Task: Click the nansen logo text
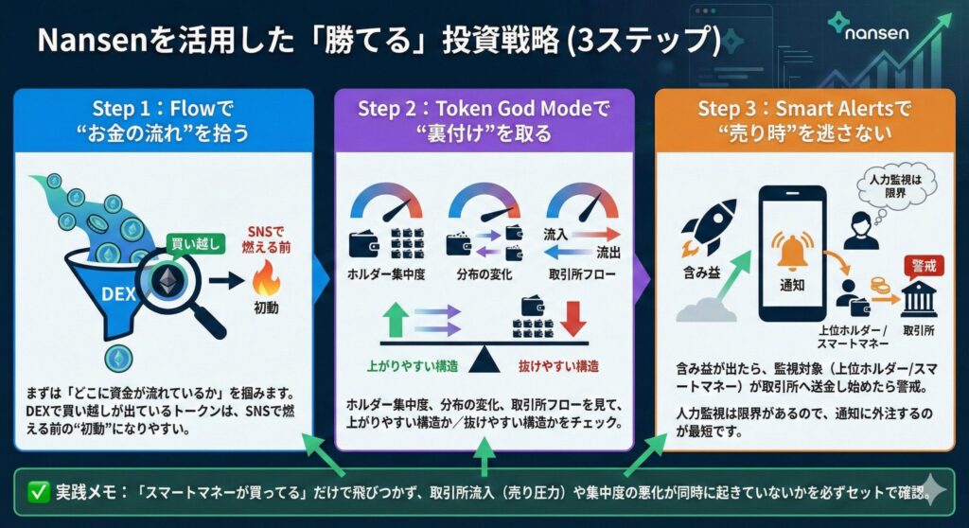876,32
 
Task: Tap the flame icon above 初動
266,278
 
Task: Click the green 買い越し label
195,243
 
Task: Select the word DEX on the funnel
118,293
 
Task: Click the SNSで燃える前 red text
266,239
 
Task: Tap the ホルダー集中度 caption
386,274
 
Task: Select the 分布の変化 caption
484,274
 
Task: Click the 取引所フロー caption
582,274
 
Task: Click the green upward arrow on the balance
396,319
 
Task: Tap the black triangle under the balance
484,359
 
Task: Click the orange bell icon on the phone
792,252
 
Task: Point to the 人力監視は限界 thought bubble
895,185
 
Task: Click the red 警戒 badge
924,267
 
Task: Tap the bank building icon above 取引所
919,300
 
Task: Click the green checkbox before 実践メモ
38,492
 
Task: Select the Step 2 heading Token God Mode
514,109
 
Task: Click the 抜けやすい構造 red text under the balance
558,366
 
